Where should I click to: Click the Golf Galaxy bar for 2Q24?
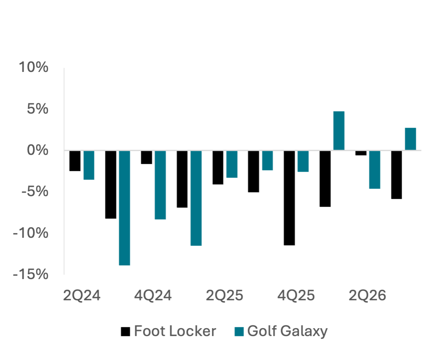click(x=89, y=165)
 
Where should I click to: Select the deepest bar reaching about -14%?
click(x=125, y=208)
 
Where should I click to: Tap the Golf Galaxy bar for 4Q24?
click(x=160, y=185)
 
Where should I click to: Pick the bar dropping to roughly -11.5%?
click(x=196, y=198)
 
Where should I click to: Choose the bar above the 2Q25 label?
click(x=232, y=164)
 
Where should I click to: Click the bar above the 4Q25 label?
click(x=303, y=162)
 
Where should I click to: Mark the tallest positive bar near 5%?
click(x=339, y=131)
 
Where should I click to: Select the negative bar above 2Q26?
click(x=375, y=170)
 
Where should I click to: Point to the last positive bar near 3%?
click(x=410, y=139)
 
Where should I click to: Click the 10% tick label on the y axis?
click(x=34, y=68)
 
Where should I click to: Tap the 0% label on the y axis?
click(x=38, y=150)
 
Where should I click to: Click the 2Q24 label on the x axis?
click(x=82, y=296)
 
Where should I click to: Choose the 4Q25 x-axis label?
click(x=296, y=296)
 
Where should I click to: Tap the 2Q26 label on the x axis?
click(x=367, y=296)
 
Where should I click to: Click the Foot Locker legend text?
click(x=175, y=331)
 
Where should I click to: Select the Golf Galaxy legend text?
click(x=287, y=331)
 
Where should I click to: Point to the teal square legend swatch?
click(x=239, y=332)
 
